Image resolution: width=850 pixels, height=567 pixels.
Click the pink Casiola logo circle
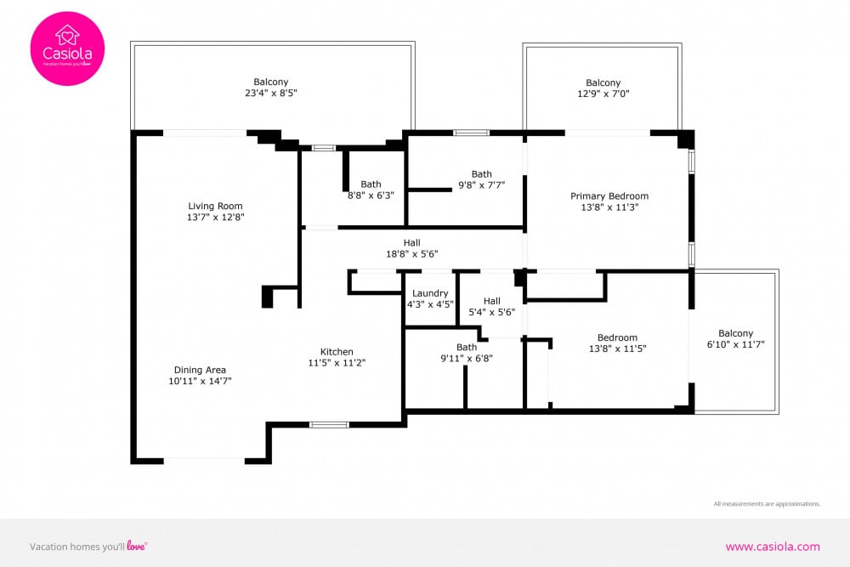(67, 48)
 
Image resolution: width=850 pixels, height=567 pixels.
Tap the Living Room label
(215, 206)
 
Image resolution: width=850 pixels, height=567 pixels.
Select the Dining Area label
(200, 370)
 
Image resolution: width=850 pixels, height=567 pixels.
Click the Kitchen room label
(337, 352)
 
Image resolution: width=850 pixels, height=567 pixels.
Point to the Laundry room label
(430, 293)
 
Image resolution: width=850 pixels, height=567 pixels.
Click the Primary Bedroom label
(609, 196)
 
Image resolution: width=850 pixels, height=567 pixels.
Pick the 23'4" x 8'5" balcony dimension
(271, 93)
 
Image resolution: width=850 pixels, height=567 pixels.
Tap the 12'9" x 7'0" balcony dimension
(603, 94)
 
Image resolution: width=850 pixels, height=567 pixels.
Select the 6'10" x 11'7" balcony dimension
(735, 344)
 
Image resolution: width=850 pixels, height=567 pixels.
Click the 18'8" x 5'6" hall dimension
(412, 253)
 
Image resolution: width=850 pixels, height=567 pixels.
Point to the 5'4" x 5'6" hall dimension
(491, 312)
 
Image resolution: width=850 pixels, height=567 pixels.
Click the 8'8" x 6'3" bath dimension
(371, 196)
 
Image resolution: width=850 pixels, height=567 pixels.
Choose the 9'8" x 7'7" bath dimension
(481, 184)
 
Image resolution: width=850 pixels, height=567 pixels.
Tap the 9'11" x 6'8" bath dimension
(467, 358)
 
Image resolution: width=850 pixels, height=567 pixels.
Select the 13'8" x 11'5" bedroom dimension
(617, 349)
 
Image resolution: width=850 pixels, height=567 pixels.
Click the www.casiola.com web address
(773, 547)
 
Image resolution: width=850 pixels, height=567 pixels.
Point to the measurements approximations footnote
(767, 503)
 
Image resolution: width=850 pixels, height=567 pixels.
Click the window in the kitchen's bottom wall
(329, 424)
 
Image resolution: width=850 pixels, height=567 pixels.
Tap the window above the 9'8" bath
(471, 133)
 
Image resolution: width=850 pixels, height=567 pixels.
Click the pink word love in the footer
(136, 545)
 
